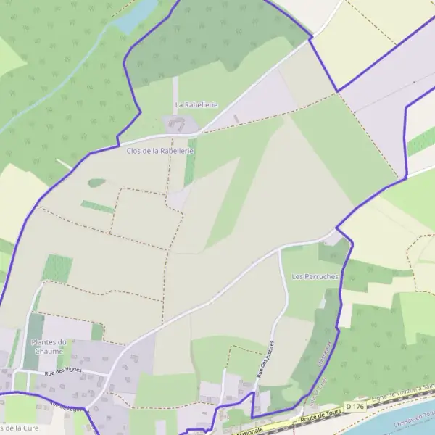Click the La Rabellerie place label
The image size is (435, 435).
pyautogui.click(x=196, y=105)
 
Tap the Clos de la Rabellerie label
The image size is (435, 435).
pyautogui.click(x=160, y=151)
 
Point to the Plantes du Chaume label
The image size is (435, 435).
pyautogui.click(x=49, y=346)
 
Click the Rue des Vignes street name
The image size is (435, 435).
pyautogui.click(x=62, y=373)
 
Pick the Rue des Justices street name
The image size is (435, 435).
pyautogui.click(x=265, y=358)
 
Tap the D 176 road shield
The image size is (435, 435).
pyautogui.click(x=353, y=406)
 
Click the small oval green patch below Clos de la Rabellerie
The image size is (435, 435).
pyautogui.click(x=96, y=183)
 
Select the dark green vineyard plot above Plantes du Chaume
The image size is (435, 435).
pyautogui.click(x=57, y=268)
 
